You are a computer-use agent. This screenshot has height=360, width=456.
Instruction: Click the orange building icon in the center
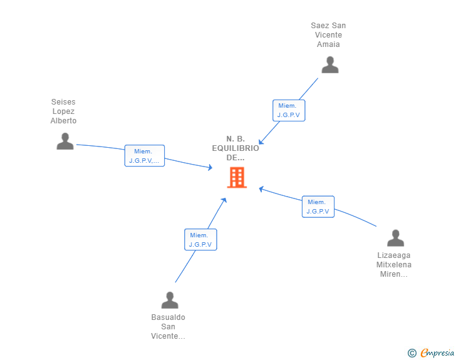tap(237, 178)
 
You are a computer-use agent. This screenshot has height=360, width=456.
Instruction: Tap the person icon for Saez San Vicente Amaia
tap(329, 65)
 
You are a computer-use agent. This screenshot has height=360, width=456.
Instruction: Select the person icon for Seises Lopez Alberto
tap(65, 141)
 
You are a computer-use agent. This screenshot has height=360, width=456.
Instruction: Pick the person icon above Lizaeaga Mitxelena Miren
tap(395, 239)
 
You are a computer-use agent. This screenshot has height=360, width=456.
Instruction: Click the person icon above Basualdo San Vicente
tap(169, 301)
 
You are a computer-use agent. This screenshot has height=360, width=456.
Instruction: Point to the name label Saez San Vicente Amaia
tap(328, 35)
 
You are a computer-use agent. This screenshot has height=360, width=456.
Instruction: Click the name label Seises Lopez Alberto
tap(64, 111)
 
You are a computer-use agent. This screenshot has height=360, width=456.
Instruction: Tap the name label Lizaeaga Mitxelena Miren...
tap(394, 265)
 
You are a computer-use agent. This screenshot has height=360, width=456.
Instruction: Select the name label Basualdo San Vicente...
tap(168, 327)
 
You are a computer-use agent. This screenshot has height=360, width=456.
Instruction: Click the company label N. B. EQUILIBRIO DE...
tap(236, 148)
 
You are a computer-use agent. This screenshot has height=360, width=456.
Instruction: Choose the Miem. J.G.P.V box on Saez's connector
tap(289, 110)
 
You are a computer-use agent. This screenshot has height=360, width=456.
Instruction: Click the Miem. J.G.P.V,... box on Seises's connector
tap(145, 156)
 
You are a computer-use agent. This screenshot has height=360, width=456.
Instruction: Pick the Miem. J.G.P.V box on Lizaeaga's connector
tap(318, 207)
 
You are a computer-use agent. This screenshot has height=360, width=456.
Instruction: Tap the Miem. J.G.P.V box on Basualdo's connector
tap(200, 240)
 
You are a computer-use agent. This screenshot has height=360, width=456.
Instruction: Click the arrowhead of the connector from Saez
tap(261, 142)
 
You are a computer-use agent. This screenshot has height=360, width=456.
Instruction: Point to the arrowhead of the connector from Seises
tap(211, 167)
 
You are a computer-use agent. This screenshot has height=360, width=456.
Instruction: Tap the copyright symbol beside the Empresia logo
tap(412, 353)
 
